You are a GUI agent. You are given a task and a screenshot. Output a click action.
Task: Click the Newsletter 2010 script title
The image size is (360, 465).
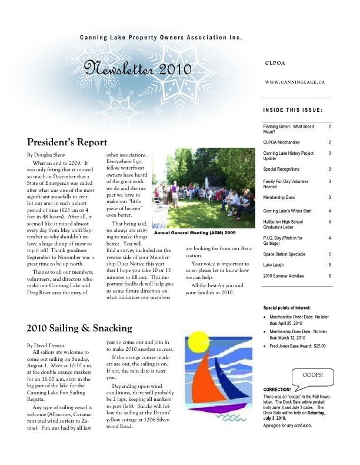[x=138, y=69]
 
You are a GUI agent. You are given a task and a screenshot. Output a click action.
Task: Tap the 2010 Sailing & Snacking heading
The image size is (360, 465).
[x=79, y=328]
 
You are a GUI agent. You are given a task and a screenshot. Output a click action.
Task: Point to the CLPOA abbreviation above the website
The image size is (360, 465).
[x=276, y=62]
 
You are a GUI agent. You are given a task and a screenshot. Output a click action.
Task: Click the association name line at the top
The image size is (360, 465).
[x=161, y=38]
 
